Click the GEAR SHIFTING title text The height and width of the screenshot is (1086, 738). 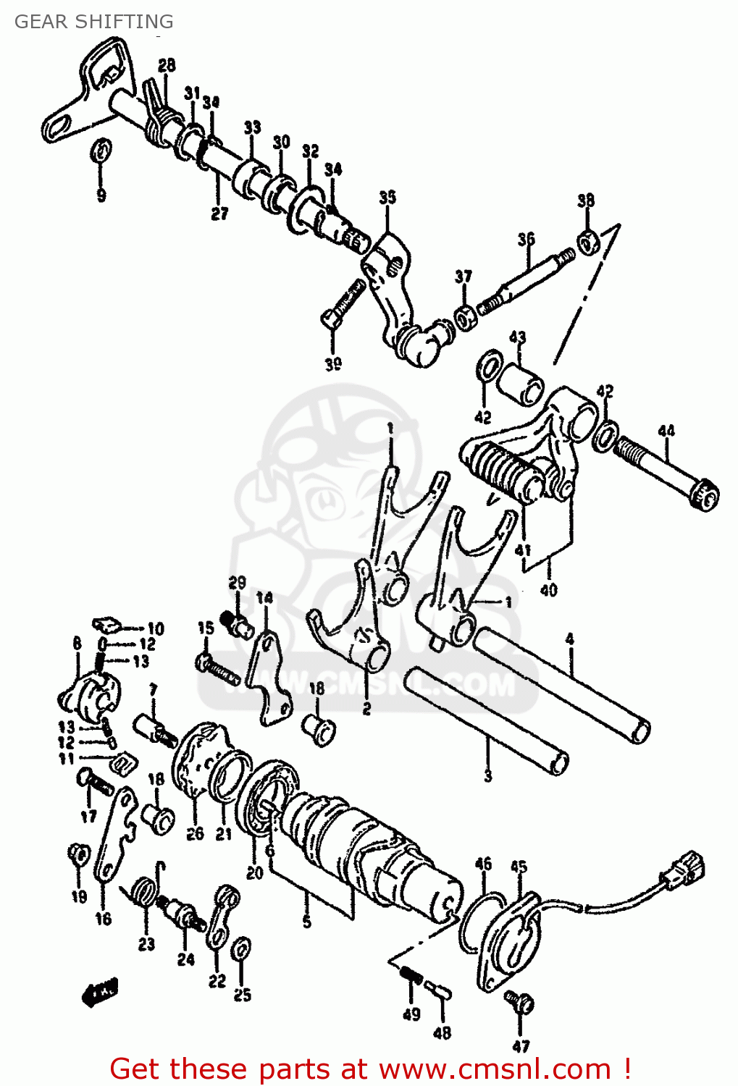[93, 22]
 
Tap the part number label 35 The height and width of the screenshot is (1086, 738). [387, 197]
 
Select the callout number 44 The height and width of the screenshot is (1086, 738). [666, 432]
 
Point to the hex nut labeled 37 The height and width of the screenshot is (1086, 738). [464, 316]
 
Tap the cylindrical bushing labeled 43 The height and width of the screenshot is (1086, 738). [523, 382]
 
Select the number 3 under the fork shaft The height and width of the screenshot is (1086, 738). [487, 775]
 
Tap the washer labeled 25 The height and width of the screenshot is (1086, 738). [242, 948]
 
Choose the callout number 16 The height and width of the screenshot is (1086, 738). [104, 918]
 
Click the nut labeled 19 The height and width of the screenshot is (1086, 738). [78, 855]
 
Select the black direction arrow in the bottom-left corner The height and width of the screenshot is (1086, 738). [99, 993]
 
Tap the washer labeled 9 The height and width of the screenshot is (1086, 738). [101, 151]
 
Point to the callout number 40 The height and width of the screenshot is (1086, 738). [548, 590]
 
